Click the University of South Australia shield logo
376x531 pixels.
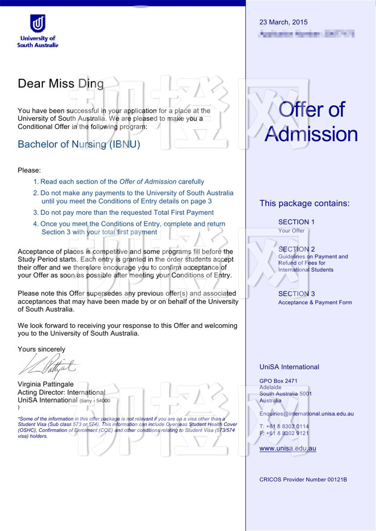pyautogui.click(x=38, y=23)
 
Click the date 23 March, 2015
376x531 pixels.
pyautogui.click(x=283, y=22)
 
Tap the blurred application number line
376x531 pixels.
pyautogui.click(x=306, y=34)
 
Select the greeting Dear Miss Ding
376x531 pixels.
pyautogui.click(x=61, y=83)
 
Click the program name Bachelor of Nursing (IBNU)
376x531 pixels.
pyautogui.click(x=79, y=144)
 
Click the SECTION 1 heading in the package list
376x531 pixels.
pyautogui.click(x=296, y=222)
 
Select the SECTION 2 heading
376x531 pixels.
pyautogui.click(x=297, y=249)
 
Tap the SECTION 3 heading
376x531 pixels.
pyautogui.click(x=297, y=294)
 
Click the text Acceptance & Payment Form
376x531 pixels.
pyautogui.click(x=315, y=303)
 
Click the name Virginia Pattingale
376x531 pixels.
pyautogui.click(x=46, y=384)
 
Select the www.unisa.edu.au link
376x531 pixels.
pyautogui.click(x=288, y=448)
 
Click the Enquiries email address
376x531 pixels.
pyautogui.click(x=306, y=414)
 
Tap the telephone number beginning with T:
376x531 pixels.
pyautogui.click(x=284, y=426)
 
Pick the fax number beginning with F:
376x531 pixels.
pyautogui.click(x=284, y=433)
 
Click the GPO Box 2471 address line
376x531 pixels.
pyautogui.click(x=278, y=381)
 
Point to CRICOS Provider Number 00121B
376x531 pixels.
pyautogui.click(x=303, y=479)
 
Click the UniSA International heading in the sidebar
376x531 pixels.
pyautogui.click(x=289, y=367)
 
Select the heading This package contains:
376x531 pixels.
pyautogui.click(x=305, y=203)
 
